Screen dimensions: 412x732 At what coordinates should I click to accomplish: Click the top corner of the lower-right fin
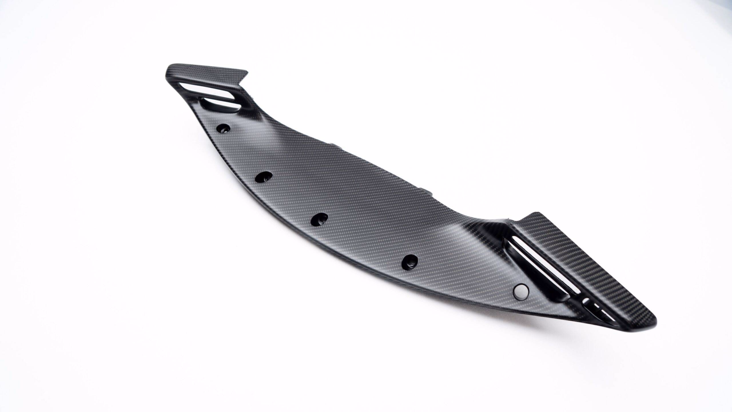point(537,213)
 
